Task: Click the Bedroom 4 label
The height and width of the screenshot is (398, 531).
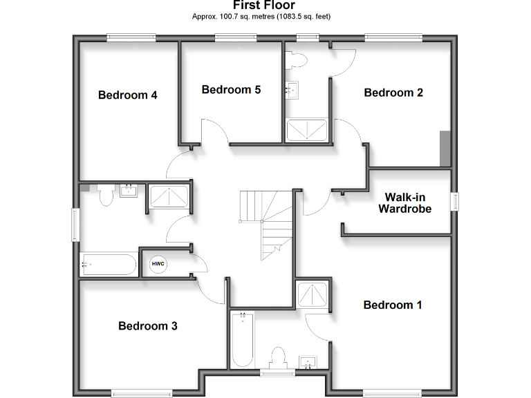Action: pos(128,95)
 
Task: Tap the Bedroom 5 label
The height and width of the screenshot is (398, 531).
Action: pos(231,89)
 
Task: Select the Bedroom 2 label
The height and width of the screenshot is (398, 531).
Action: pos(393,93)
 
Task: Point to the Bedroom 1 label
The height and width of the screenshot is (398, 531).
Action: pos(392,305)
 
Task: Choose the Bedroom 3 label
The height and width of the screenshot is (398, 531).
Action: pos(147,325)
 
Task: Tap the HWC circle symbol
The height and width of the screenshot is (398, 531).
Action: pos(158,264)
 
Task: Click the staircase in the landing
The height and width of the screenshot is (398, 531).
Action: pos(266,221)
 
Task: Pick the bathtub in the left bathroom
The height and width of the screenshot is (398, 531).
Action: pos(109,264)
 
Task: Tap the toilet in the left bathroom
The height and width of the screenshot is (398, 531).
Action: pos(106,196)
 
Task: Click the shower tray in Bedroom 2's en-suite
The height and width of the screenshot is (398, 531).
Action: pos(307,130)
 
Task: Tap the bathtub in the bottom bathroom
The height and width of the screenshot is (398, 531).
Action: pos(242,341)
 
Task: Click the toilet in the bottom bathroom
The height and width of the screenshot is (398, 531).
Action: pos(279,359)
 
